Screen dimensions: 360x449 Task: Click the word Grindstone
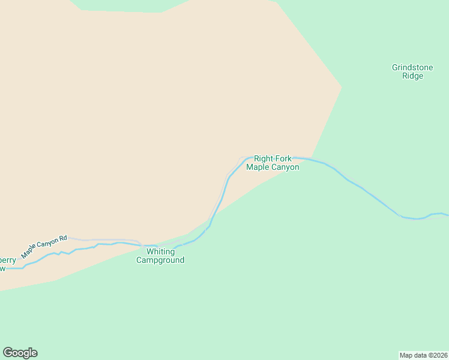coord(412,68)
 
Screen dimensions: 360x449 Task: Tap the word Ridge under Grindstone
coord(412,77)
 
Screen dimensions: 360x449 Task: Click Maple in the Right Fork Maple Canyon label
coord(258,167)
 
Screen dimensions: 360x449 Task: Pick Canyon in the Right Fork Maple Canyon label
coord(285,167)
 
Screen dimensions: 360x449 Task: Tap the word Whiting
coord(160,252)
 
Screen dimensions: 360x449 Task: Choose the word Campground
coord(160,260)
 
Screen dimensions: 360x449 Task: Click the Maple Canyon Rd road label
coord(44,247)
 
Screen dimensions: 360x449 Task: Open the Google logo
coord(20,353)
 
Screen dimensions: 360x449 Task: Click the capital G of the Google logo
coord(8,352)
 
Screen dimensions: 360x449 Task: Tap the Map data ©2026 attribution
coord(424,355)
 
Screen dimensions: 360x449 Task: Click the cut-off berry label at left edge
coord(8,260)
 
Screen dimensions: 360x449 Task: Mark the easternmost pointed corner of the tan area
coord(342,88)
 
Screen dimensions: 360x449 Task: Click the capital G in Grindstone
coord(395,68)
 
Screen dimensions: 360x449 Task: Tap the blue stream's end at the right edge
coord(447,214)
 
